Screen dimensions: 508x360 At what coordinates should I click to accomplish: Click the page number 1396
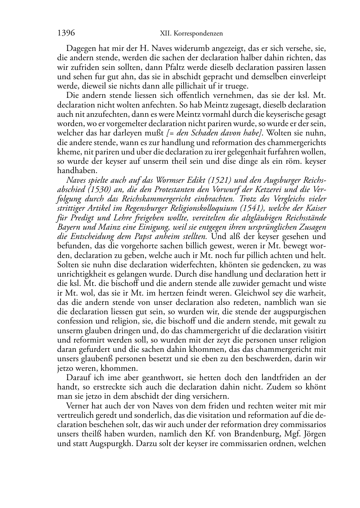pos(66,33)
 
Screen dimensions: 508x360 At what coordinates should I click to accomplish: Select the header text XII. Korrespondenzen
pos(191,34)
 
